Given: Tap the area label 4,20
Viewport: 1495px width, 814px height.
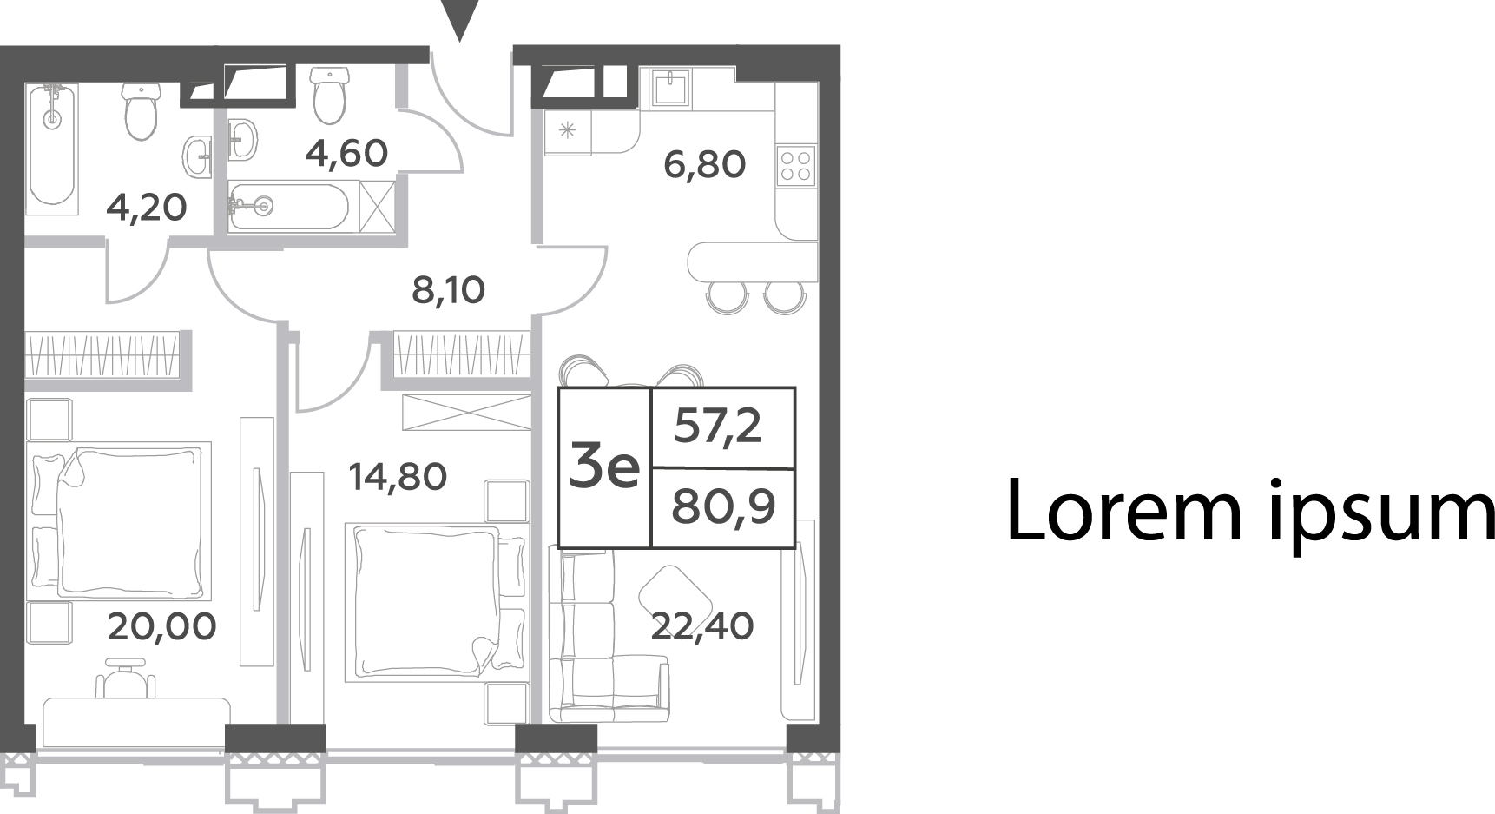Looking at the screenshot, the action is (146, 208).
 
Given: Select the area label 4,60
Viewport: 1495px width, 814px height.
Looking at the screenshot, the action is (346, 154).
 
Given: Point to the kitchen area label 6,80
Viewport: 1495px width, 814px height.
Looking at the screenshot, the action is (704, 164).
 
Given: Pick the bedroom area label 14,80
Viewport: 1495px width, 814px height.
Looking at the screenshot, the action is (398, 476).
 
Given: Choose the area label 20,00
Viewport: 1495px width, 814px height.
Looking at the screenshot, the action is (161, 625).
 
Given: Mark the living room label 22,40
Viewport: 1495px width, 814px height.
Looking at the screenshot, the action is (702, 625).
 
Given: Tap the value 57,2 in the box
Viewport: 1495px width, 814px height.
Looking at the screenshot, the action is (718, 427).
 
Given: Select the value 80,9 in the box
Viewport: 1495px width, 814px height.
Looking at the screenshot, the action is (723, 506).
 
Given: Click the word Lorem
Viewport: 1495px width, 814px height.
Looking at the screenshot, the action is (1124, 513).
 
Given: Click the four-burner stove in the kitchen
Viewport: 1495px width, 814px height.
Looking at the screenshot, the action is (796, 165).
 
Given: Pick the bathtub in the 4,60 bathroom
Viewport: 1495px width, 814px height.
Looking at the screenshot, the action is (289, 206).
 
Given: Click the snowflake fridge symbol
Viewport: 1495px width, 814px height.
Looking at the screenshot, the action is (568, 132).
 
